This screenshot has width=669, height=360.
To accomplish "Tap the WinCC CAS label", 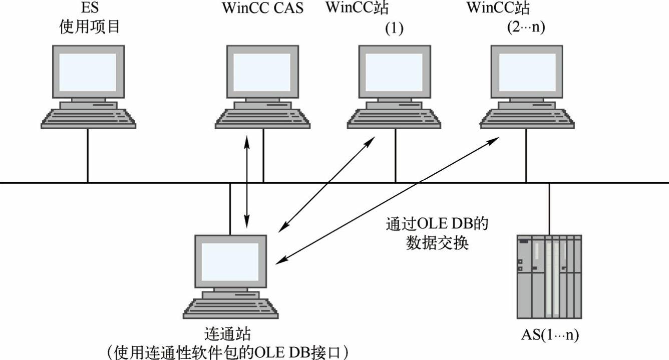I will click(263, 9).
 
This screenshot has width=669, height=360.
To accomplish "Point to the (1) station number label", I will click(394, 29).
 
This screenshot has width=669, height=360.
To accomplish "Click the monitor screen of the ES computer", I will click(88, 71).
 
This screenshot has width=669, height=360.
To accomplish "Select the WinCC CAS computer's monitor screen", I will click(263, 71).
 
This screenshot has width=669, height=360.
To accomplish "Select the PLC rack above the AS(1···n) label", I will click(549, 276).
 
